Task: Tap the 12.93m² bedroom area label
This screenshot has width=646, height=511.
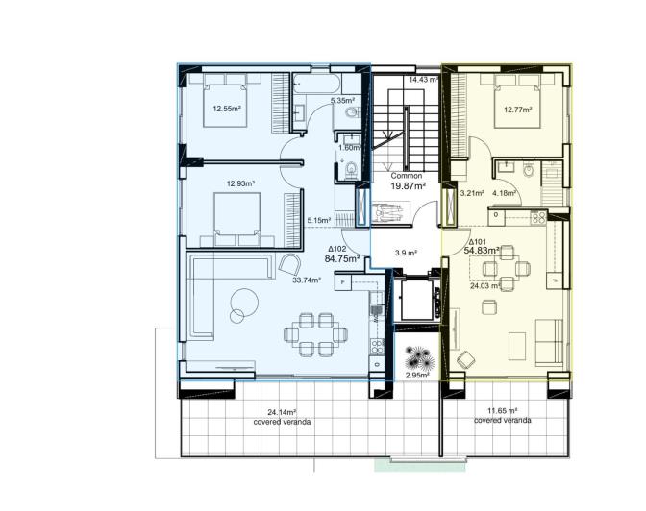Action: pos(239,182)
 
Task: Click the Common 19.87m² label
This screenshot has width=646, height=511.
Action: pos(408,183)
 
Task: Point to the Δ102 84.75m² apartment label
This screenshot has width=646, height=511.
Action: pos(342,254)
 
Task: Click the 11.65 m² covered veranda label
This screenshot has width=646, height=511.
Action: pos(502,415)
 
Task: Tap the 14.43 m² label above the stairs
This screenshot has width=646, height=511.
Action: pos(423,80)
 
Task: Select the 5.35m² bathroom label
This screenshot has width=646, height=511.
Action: pos(342,100)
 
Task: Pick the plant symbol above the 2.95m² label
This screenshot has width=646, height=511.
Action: pos(418,358)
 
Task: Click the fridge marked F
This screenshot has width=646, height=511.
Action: pos(343,281)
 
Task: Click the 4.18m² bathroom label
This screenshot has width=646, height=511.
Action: pos(504,193)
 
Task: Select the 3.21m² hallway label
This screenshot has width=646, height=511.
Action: pos(471,193)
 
